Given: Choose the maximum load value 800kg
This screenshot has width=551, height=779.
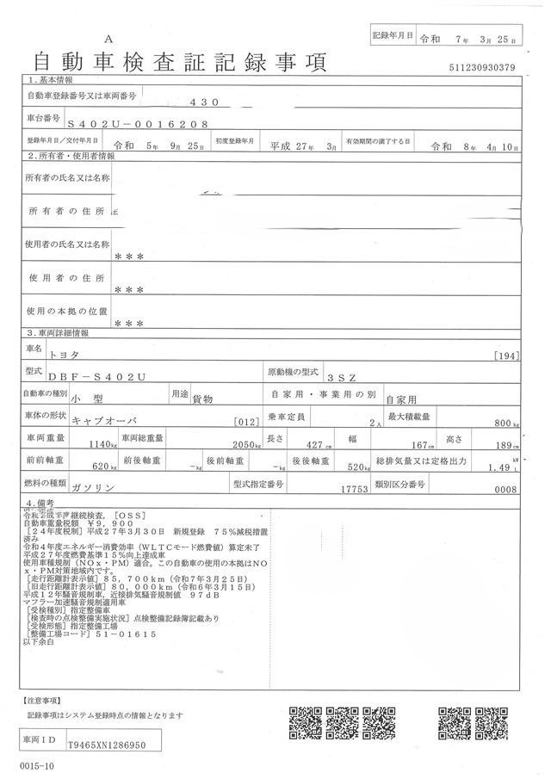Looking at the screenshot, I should pos(504,423).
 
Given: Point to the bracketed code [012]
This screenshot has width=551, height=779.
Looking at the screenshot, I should pos(246,422).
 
